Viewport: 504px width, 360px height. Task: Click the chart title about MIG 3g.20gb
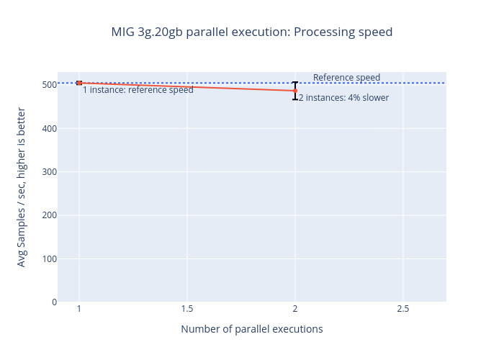point(252,32)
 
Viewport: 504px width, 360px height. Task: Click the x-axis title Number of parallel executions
point(252,329)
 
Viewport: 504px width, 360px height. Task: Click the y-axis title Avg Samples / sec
point(22,187)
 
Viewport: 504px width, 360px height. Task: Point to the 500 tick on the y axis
point(48,85)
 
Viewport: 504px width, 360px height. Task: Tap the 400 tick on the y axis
point(48,128)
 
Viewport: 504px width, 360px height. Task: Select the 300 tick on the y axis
point(48,171)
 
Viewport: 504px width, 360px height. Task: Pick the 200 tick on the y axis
point(48,215)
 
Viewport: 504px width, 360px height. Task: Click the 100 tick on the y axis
point(48,258)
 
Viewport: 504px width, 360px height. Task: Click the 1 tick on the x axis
point(79,309)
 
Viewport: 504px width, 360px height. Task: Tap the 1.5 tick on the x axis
point(187,309)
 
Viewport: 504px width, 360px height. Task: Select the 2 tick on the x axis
point(295,309)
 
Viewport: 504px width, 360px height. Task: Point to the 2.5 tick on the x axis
point(403,309)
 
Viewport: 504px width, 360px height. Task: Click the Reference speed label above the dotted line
point(346,78)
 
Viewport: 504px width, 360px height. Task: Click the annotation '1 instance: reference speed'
point(138,90)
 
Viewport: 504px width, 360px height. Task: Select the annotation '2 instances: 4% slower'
point(343,98)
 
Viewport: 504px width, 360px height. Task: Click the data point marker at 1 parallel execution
point(79,83)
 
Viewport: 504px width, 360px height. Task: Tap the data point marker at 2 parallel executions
point(295,91)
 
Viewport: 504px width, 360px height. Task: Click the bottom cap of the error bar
point(295,99)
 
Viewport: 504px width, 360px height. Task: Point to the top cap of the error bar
point(295,82)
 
